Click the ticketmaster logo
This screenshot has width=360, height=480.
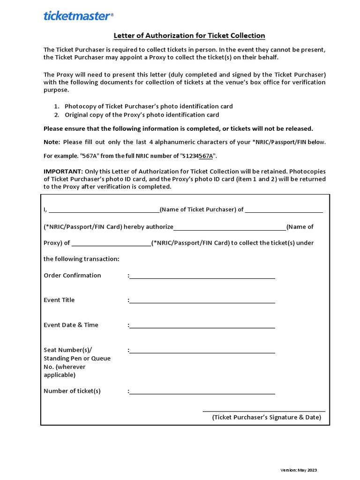point(78,16)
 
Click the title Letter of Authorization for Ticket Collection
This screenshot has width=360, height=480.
point(189,36)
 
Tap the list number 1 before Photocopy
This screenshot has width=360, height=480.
point(56,106)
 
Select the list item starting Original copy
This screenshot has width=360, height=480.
point(142,115)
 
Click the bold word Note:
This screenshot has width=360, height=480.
point(52,142)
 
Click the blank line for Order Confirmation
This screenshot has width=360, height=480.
point(202,277)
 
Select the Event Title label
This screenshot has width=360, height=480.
point(59,300)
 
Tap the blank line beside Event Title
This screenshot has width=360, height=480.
point(202,301)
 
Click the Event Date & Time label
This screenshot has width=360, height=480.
point(71,325)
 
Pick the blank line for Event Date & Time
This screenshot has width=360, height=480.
point(202,326)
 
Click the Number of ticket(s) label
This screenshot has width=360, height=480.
point(72,391)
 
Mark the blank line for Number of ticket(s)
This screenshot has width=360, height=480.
point(202,393)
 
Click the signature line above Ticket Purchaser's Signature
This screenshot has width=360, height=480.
point(263,411)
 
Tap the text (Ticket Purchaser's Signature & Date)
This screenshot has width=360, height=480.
point(266,417)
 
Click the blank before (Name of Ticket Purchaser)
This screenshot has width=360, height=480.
point(104,211)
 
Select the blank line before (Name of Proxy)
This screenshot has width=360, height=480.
point(230,228)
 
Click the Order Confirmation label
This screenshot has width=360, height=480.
point(72,275)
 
